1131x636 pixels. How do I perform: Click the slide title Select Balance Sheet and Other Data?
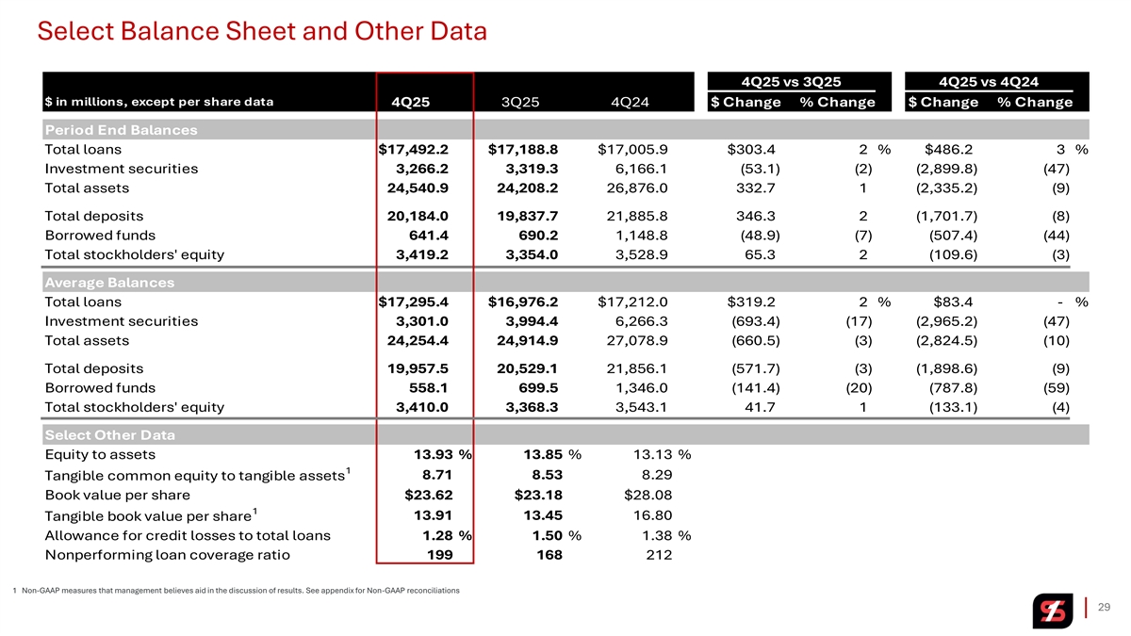[x=262, y=31]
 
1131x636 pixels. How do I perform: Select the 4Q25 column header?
[x=411, y=102]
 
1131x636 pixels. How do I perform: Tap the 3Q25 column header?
[x=520, y=102]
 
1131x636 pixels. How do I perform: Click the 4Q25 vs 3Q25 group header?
[x=791, y=82]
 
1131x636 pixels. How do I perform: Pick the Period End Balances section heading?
[x=122, y=130]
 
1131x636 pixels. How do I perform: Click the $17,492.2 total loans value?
[x=414, y=150]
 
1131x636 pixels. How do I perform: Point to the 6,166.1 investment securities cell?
[x=637, y=169]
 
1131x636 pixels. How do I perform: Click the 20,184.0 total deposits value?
[x=418, y=216]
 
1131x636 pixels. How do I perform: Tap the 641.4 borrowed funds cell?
[x=429, y=236]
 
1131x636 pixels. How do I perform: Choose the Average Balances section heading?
[x=109, y=283]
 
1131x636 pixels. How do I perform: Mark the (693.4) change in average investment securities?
[x=756, y=321]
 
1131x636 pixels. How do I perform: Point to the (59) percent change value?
[x=1057, y=387]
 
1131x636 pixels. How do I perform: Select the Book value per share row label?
[x=118, y=496]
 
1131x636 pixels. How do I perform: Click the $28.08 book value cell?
[x=648, y=496]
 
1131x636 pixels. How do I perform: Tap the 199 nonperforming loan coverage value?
[x=439, y=555]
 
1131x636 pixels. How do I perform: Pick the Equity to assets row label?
[x=100, y=455]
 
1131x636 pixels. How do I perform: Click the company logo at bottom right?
[x=1052, y=611]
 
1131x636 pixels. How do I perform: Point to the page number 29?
[x=1105, y=607]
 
